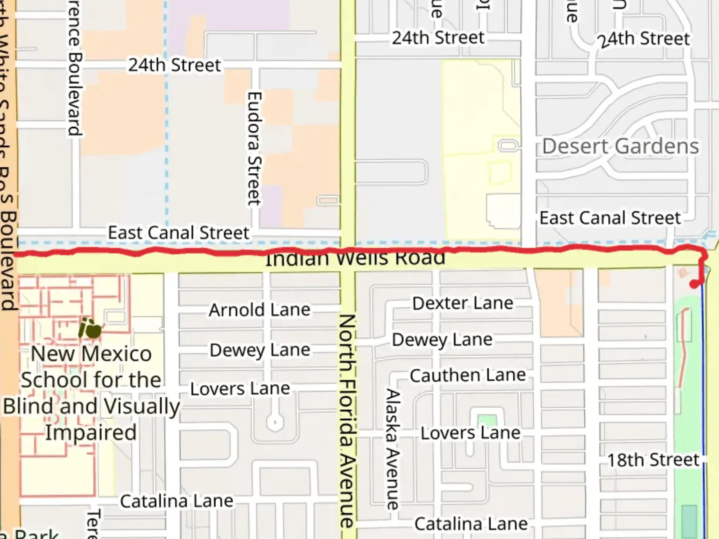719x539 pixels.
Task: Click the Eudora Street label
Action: click(x=254, y=148)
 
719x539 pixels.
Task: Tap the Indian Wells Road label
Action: click(x=355, y=259)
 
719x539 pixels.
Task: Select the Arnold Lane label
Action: click(x=259, y=310)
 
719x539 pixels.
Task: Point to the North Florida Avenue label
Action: click(x=347, y=420)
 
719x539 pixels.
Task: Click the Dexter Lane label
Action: click(x=462, y=303)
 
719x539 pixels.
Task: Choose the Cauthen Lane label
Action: click(x=467, y=375)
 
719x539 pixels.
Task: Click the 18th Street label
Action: click(x=653, y=460)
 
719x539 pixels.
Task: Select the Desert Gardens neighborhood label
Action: click(x=620, y=146)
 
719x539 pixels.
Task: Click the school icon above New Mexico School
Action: click(x=90, y=329)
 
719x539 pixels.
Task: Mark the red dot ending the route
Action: click(x=694, y=284)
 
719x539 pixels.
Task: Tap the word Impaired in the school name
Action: click(x=91, y=432)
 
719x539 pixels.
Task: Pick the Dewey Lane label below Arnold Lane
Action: click(x=260, y=350)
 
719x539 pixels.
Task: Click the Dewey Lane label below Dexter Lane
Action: click(x=442, y=340)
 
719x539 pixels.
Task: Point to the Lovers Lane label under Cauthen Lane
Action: click(x=470, y=433)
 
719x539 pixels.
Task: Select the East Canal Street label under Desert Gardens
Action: click(x=610, y=218)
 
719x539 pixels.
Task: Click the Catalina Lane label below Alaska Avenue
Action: click(x=470, y=524)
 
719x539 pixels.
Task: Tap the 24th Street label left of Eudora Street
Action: click(x=174, y=65)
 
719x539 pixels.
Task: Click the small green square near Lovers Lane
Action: click(x=487, y=421)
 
